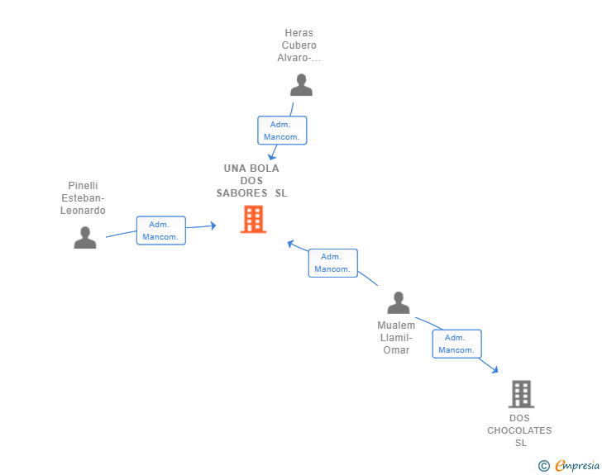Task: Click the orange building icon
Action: click(253, 219)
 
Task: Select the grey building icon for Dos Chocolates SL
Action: click(521, 394)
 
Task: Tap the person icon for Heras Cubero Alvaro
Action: click(301, 85)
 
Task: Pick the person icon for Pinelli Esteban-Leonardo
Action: click(85, 238)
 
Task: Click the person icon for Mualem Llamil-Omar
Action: click(399, 302)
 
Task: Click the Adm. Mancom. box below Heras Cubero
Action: click(282, 131)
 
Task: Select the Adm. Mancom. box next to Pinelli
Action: click(161, 230)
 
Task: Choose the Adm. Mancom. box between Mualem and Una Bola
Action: click(333, 263)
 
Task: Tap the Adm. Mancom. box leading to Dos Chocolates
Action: click(456, 344)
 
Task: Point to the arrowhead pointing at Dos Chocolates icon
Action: click(494, 370)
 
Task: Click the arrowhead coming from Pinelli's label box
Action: click(213, 226)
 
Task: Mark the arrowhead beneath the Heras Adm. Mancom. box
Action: click(271, 156)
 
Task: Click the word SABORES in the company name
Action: click(241, 193)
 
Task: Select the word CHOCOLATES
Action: click(519, 430)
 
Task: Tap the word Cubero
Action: click(299, 45)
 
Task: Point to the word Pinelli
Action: click(83, 186)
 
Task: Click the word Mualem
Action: click(396, 325)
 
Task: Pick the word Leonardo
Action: click(83, 211)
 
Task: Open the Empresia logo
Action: click(577, 465)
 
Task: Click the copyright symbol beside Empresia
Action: click(544, 466)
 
